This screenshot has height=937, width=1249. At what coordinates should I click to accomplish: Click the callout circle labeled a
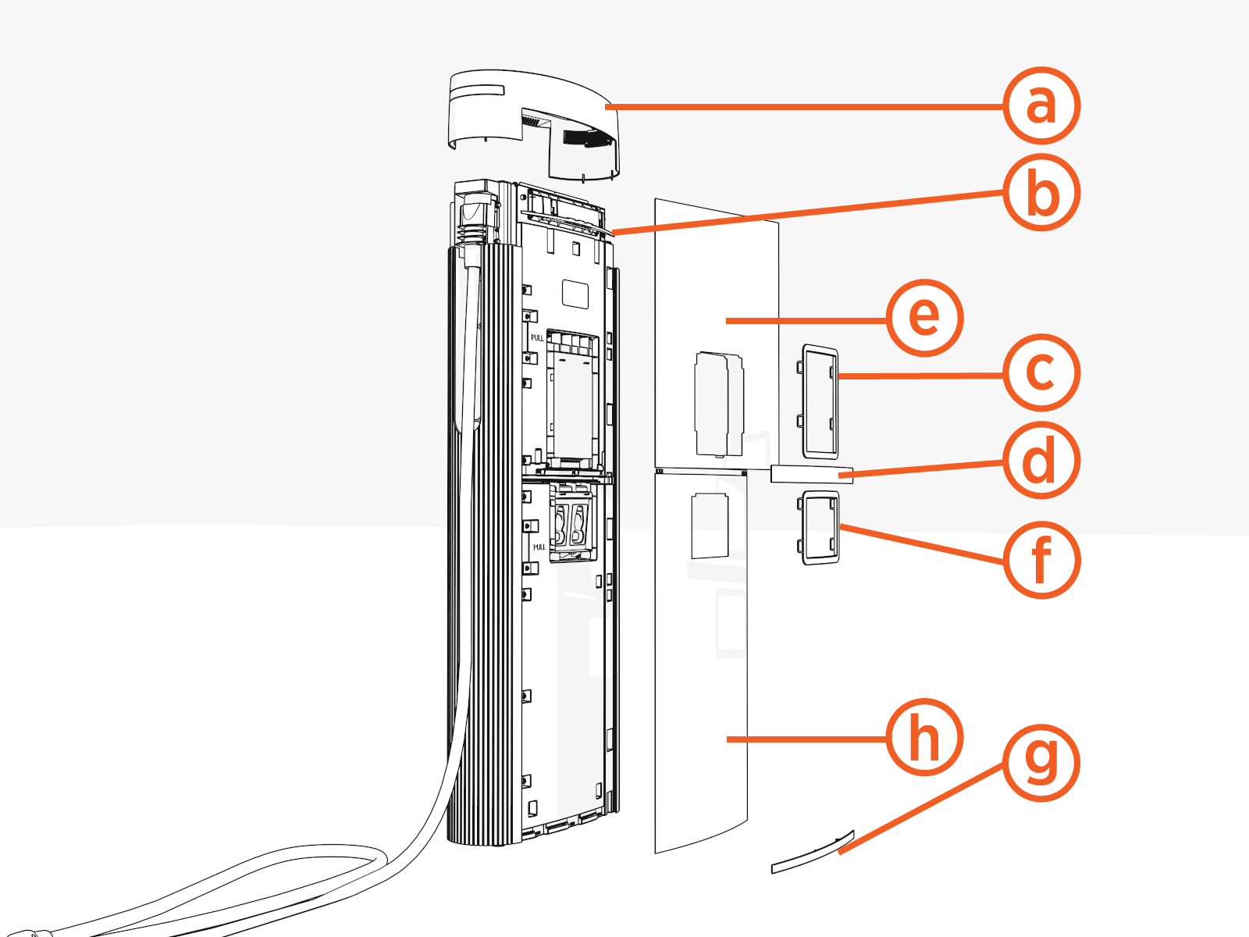1041,105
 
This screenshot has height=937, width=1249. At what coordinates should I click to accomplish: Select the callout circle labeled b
1041,193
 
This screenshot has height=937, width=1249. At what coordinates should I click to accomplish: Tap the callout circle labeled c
1041,372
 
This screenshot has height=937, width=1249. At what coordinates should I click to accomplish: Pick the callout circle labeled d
1041,461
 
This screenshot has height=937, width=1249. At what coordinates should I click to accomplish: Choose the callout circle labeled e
925,318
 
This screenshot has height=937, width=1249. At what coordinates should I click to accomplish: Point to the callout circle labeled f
1041,560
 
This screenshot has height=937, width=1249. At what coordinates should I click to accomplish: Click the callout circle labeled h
925,737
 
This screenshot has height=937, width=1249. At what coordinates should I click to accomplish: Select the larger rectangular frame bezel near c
818,400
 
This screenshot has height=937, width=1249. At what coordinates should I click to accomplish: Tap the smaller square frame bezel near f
818,527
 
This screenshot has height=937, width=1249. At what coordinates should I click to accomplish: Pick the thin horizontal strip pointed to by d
812,473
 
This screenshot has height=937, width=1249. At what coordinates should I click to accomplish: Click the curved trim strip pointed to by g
812,854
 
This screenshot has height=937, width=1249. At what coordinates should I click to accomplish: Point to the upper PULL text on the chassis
537,338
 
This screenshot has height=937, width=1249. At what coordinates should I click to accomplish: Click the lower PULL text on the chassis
539,547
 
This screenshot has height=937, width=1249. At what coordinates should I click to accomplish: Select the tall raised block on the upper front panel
718,403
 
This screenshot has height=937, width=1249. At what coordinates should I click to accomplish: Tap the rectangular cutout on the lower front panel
710,526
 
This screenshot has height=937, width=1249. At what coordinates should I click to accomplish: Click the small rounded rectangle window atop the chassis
575,294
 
